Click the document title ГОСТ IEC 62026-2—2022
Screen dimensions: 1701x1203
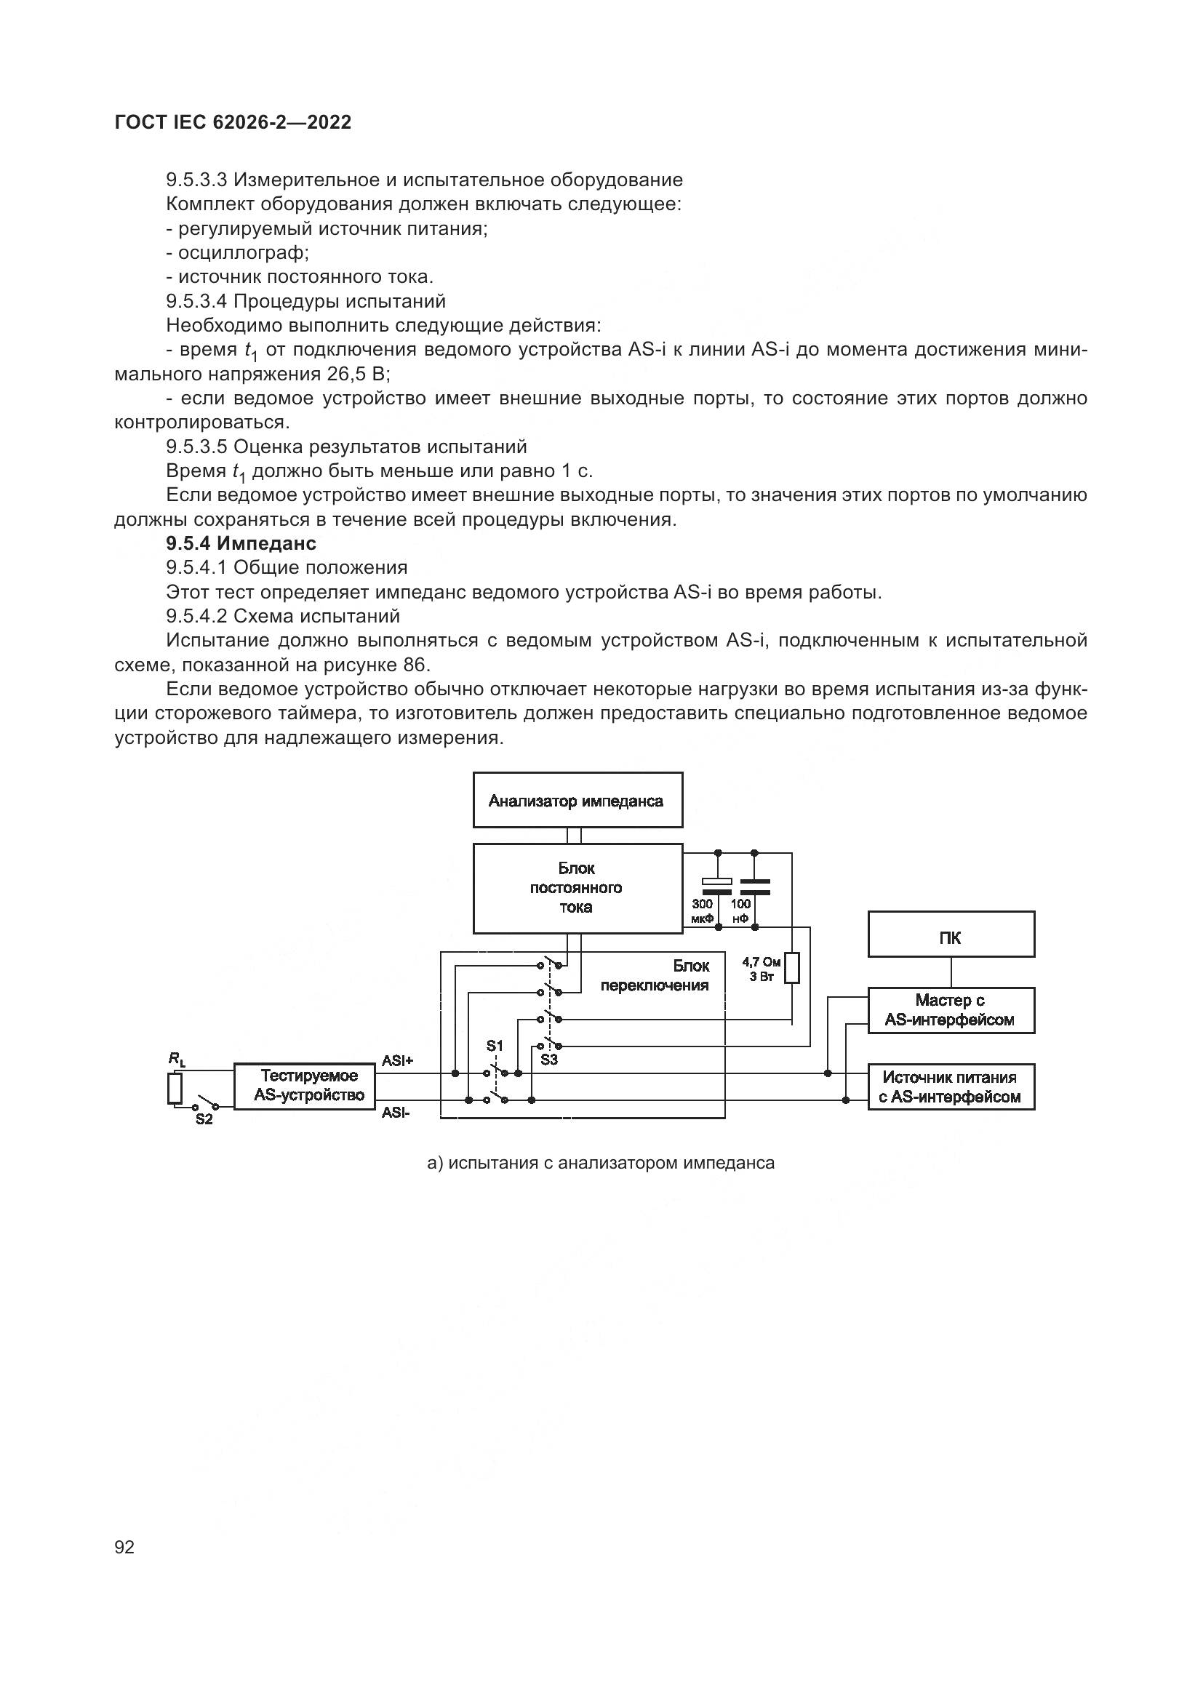[x=233, y=123]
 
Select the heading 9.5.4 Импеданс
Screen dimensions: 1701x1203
[x=241, y=544]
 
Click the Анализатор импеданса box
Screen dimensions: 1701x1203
[x=577, y=800]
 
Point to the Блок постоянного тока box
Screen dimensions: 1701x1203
[x=577, y=887]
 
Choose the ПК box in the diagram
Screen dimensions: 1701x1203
[x=951, y=934]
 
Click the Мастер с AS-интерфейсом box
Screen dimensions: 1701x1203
[x=951, y=1010]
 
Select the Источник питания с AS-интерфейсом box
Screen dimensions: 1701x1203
[x=951, y=1086]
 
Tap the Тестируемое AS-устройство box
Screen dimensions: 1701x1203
[x=305, y=1086]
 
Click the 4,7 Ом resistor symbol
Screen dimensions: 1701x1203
[x=792, y=967]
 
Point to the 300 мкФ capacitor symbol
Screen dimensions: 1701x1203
[x=717, y=885]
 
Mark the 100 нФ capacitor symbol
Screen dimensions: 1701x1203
[x=755, y=885]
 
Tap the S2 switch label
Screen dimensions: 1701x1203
[x=204, y=1119]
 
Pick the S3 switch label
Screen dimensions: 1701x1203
[x=549, y=1060]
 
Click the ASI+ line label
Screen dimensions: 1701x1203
[x=398, y=1061]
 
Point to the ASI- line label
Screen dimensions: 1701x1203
[x=396, y=1112]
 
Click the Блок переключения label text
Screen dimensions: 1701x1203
[x=655, y=976]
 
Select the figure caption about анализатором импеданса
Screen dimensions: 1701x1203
[x=601, y=1163]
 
